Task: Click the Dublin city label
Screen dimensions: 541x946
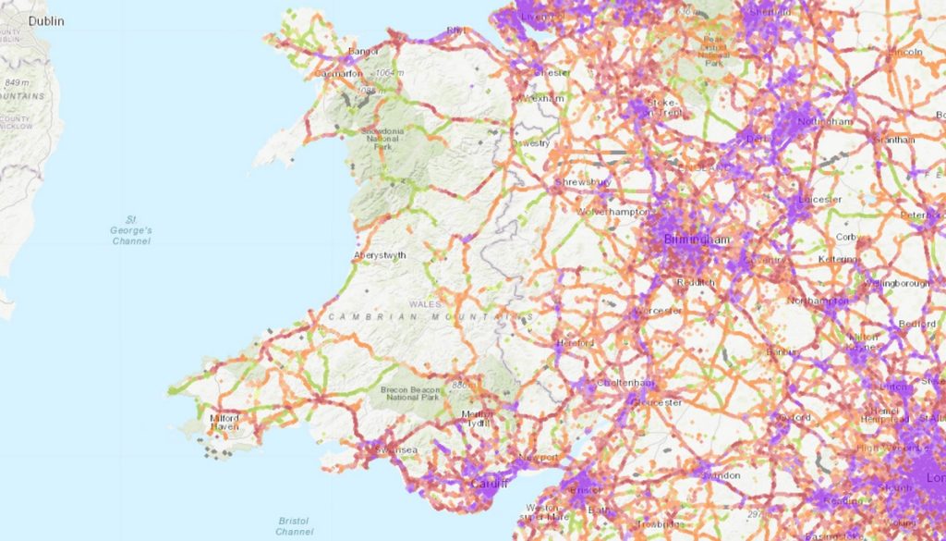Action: pos(46,20)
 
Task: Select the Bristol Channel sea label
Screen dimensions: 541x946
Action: pos(295,526)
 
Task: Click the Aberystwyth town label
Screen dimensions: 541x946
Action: pos(380,255)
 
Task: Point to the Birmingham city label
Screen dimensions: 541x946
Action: pos(697,240)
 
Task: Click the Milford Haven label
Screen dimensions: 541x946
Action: pos(224,423)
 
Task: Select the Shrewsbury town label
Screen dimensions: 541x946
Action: pos(584,182)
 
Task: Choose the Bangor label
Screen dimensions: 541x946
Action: pos(365,52)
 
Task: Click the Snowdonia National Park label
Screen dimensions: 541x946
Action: pos(383,139)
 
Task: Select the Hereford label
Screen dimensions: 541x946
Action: pos(574,343)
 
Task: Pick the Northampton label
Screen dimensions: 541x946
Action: pos(819,301)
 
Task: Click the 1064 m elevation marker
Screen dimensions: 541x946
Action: pos(388,72)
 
